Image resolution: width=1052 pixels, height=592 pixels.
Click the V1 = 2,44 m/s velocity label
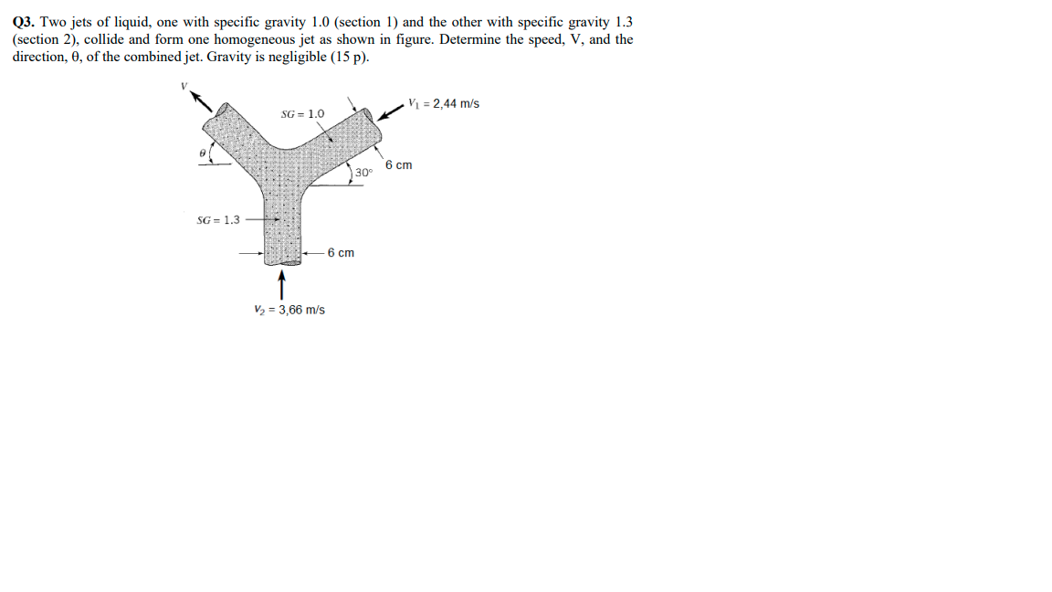[444, 103]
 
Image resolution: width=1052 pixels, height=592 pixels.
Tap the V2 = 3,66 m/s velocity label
[289, 310]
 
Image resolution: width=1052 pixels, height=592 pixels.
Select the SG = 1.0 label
[302, 114]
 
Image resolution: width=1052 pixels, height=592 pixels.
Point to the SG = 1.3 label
[218, 219]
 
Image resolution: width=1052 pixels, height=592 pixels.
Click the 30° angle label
[364, 173]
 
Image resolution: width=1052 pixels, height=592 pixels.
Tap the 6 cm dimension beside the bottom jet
[341, 252]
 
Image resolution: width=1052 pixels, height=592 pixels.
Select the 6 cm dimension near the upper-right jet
[398, 165]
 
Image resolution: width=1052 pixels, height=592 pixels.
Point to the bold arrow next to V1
[390, 112]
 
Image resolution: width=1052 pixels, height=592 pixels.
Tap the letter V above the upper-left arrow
[183, 86]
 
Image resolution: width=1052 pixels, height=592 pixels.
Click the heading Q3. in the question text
[25, 22]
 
